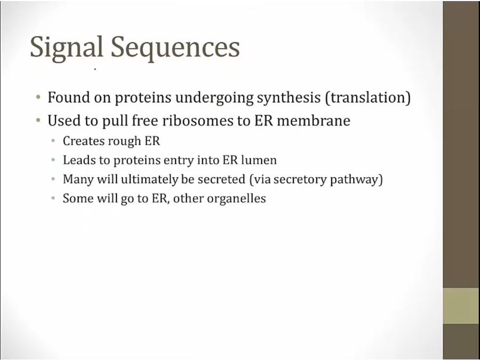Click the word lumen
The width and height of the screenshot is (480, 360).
[259, 160]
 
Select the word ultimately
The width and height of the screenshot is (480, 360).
[149, 180]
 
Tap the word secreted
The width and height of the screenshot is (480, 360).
[222, 179]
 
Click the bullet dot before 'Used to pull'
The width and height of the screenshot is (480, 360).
[38, 121]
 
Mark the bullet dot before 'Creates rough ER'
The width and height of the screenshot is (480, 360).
[53, 141]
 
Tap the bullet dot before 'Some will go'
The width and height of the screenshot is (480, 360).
[53, 198]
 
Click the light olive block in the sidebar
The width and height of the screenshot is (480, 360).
[461, 306]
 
